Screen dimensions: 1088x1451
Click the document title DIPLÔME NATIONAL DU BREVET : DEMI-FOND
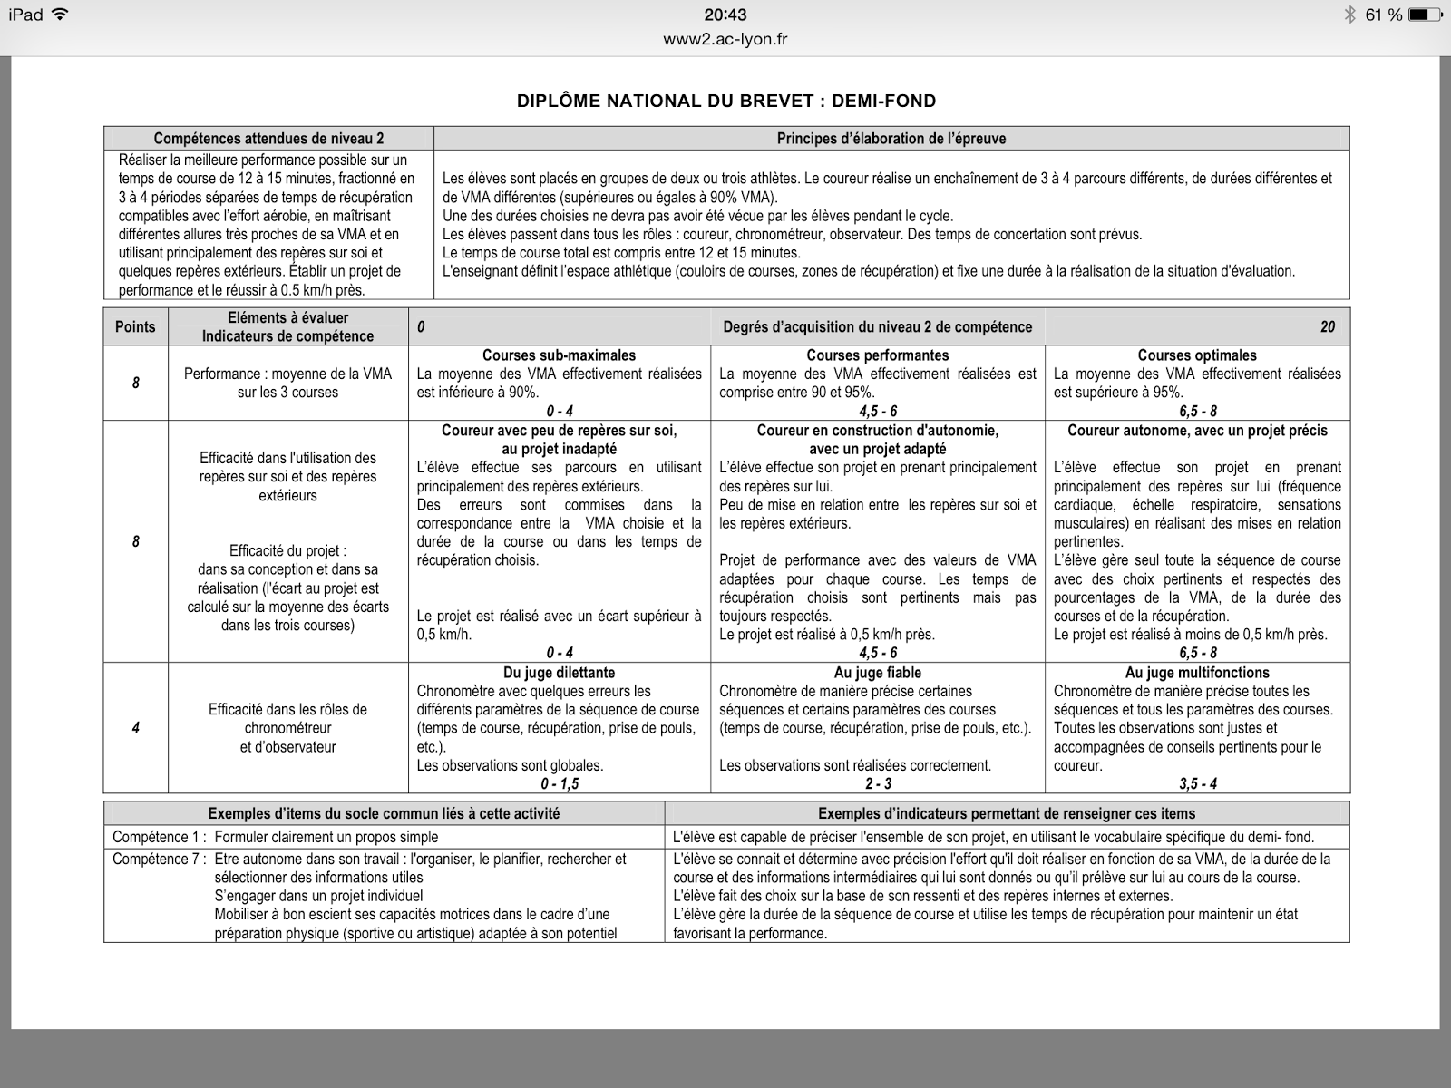pos(725,101)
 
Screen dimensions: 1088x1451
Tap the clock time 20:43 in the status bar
pos(725,15)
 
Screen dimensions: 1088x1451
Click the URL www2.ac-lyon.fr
pos(725,39)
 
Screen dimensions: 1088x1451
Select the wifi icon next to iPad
pos(61,15)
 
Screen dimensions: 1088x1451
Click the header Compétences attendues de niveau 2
pos(268,139)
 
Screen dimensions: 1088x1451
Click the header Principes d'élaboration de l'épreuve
pos(891,139)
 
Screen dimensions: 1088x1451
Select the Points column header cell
pos(135,327)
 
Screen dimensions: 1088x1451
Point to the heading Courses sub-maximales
pos(559,355)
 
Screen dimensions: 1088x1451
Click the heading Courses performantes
pos(877,355)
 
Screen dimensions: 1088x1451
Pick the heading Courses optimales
pos(1196,355)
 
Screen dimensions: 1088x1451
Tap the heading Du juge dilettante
pos(559,673)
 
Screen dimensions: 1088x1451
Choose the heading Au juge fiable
pos(877,673)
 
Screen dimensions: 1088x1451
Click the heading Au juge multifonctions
pos(1196,673)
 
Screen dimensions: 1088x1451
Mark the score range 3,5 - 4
pos(1197,784)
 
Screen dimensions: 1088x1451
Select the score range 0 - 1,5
pos(559,784)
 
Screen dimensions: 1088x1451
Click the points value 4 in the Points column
pos(135,728)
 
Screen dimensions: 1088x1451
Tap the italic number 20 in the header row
pos(1327,327)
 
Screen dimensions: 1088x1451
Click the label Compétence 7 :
pos(159,859)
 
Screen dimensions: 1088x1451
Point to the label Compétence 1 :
pos(159,837)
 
